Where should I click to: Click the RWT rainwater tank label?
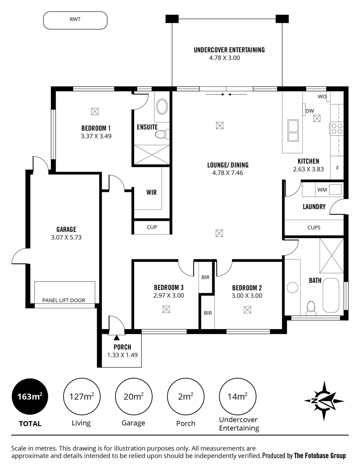[x=75, y=19]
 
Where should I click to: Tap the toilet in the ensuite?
[x=162, y=134]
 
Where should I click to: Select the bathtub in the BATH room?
[x=331, y=295]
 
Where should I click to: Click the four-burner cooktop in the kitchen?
[x=337, y=129]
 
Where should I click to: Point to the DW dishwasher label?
[x=310, y=111]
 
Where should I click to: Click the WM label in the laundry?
[x=322, y=190]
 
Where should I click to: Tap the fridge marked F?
[x=337, y=168]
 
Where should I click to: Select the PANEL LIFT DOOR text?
[x=64, y=301]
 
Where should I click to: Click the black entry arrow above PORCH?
[x=116, y=338]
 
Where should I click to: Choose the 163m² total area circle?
[x=30, y=396]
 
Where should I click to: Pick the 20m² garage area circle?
[x=134, y=396]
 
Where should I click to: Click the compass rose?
[x=324, y=401]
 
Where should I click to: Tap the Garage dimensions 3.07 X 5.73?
[x=66, y=237]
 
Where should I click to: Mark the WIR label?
[x=152, y=192]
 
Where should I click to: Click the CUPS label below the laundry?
[x=314, y=227]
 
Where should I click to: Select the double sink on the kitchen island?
[x=293, y=130]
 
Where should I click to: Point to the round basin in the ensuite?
[x=162, y=107]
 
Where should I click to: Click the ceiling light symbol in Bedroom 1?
[x=95, y=111]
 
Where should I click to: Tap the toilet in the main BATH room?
[x=311, y=308]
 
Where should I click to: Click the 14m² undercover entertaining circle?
[x=238, y=396]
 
